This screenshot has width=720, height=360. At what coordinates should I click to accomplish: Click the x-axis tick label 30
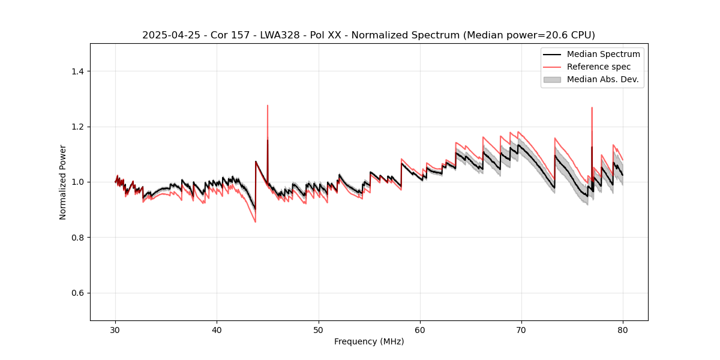tap(115, 330)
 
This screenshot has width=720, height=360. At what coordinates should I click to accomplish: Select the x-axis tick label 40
tap(217, 330)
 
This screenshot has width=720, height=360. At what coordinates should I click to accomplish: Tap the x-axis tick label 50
tap(319, 330)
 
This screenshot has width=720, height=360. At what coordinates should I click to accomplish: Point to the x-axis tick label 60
tap(420, 330)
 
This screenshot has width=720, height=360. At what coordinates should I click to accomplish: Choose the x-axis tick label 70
tap(521, 330)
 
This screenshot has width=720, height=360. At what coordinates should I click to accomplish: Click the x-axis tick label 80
tap(623, 330)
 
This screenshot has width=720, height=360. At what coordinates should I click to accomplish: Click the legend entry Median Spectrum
tap(603, 54)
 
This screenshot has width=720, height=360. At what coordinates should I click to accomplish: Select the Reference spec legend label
tap(598, 67)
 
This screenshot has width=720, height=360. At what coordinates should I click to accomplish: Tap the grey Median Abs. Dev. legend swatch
tap(552, 79)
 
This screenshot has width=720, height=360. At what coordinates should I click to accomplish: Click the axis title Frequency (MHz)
tap(369, 342)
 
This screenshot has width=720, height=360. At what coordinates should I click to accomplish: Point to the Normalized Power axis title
tap(63, 182)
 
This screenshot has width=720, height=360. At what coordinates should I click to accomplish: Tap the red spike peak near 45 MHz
tap(268, 106)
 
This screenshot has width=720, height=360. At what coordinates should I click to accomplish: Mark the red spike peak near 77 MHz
tap(592, 107)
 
